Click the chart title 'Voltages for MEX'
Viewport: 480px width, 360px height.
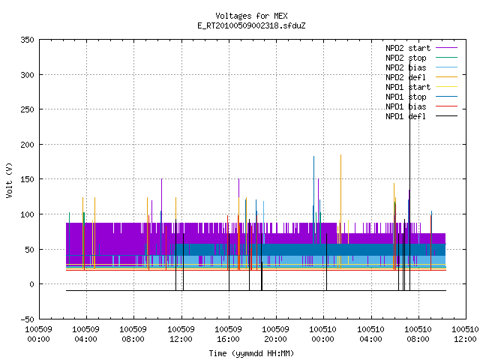(x=251, y=16)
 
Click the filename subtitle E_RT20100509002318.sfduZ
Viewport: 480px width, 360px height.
(x=251, y=25)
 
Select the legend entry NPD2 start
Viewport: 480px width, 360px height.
(x=408, y=48)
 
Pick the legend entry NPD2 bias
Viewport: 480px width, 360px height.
(x=406, y=67)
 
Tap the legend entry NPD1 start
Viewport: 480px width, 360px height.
(x=408, y=87)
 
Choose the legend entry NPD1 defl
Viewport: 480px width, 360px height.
(x=406, y=116)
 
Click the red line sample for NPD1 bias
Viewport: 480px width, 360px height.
(x=447, y=106)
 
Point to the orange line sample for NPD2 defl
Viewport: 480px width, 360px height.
(x=447, y=77)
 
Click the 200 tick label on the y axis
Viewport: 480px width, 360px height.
(x=27, y=145)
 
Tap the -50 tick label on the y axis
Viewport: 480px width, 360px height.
(x=27, y=319)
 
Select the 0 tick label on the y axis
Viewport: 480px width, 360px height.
(x=31, y=284)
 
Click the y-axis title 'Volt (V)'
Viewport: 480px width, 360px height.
(x=9, y=180)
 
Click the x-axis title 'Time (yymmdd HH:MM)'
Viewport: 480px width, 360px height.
(x=251, y=353)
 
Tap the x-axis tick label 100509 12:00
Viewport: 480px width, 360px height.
(x=181, y=334)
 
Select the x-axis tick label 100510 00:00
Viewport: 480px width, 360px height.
(x=323, y=334)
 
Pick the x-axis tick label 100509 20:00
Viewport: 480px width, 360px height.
(x=275, y=334)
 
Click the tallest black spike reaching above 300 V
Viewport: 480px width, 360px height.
(x=410, y=175)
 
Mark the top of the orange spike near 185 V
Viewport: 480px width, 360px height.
(x=340, y=155)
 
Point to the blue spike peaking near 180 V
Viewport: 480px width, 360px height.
(x=313, y=199)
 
